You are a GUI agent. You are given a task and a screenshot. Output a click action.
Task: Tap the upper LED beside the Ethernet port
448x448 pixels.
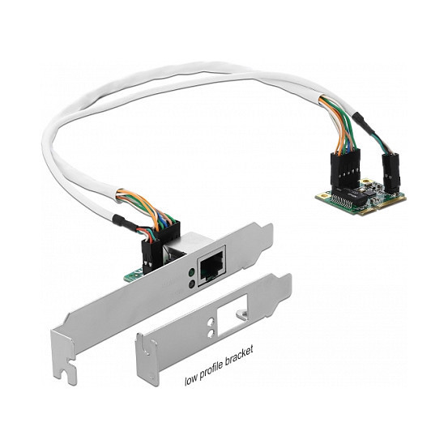point(192,272)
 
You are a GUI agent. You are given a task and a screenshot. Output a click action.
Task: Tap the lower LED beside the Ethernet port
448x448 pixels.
point(192,284)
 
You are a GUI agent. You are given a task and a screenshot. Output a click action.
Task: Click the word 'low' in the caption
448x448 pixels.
point(190,380)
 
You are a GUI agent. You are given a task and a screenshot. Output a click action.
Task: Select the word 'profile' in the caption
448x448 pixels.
point(211,369)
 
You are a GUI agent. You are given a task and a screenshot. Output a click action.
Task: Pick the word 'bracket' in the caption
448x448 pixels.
point(240,356)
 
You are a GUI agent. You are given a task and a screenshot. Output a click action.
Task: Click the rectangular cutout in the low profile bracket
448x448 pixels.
point(232,315)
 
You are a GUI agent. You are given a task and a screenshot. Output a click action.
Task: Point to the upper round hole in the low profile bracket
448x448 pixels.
point(211,322)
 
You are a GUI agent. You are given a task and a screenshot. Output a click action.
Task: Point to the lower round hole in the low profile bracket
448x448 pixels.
point(211,333)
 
